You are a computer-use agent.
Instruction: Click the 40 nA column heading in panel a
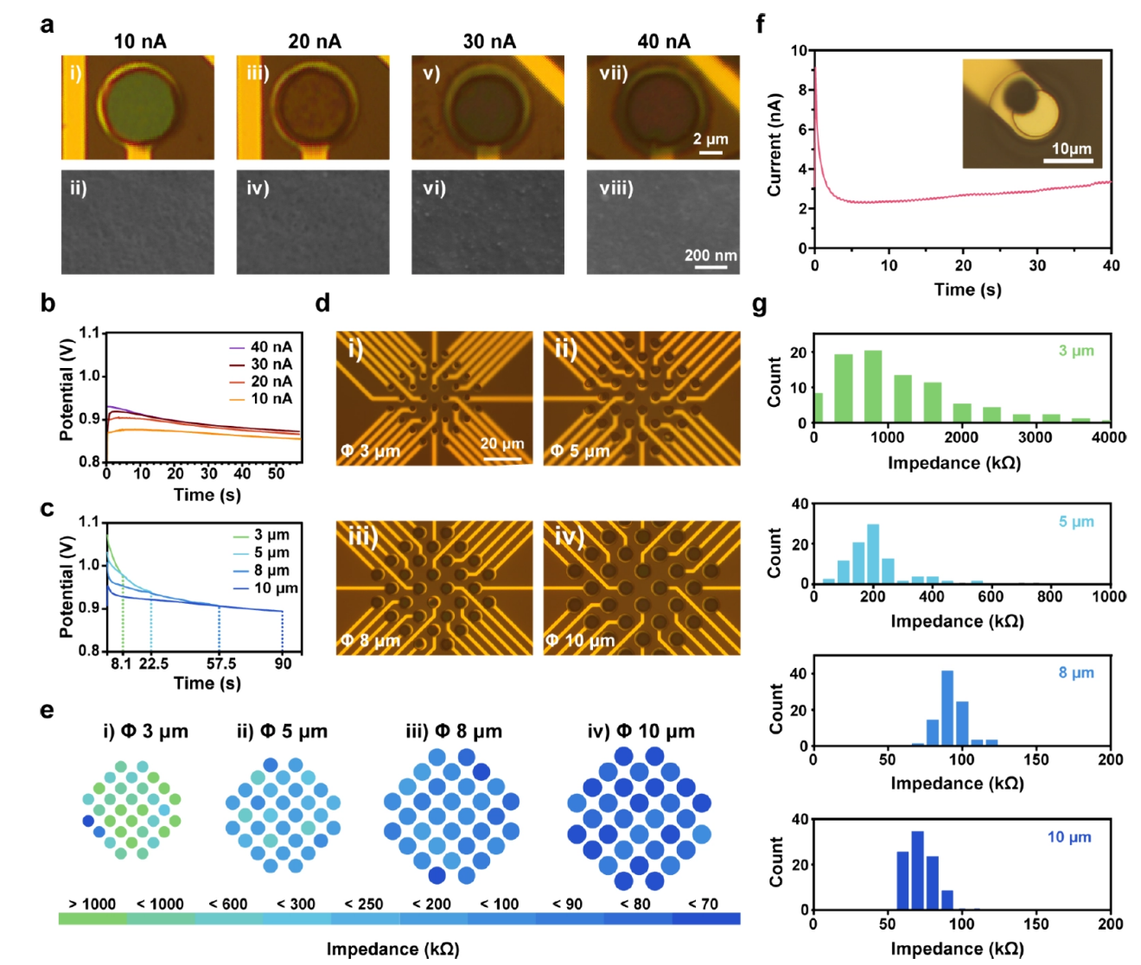click(x=663, y=41)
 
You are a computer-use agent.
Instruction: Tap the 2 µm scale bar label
click(x=711, y=139)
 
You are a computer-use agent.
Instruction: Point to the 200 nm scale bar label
click(x=711, y=255)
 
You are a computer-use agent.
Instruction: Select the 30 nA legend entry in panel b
click(x=271, y=365)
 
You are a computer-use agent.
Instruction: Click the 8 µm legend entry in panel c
click(x=271, y=570)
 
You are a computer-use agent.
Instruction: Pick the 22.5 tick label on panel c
click(x=153, y=663)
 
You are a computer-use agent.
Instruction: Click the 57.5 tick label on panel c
click(x=221, y=663)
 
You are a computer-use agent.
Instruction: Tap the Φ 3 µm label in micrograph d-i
click(x=370, y=451)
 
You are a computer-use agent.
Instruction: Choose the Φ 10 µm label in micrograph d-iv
click(x=580, y=641)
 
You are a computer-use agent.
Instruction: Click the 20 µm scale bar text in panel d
click(x=502, y=444)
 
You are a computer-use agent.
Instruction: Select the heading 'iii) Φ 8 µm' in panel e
click(x=454, y=732)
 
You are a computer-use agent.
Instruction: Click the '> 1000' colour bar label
click(x=92, y=904)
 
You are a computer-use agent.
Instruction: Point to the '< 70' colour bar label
click(x=703, y=904)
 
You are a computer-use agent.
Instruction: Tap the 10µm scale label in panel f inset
click(x=1072, y=149)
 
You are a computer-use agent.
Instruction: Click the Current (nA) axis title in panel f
click(x=774, y=144)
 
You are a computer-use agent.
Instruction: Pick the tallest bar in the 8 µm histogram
click(x=947, y=708)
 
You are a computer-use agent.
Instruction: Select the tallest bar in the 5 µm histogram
click(x=873, y=554)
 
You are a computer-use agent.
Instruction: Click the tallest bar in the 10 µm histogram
click(x=918, y=870)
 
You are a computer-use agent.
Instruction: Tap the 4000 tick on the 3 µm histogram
click(x=1108, y=437)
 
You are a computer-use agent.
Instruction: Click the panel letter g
click(x=760, y=305)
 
